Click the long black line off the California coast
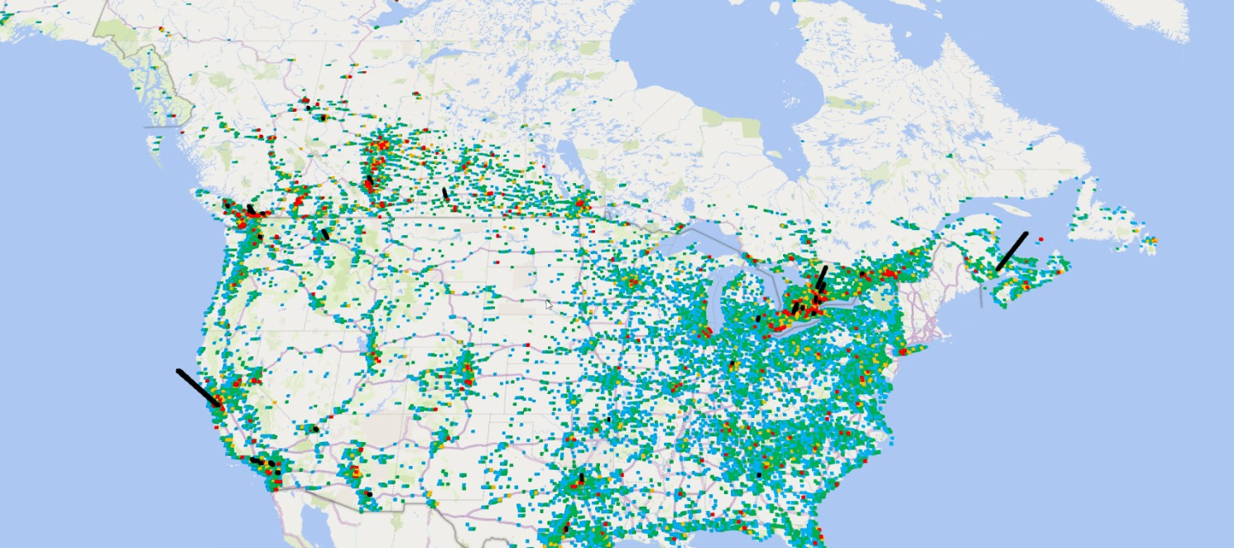(x=199, y=388)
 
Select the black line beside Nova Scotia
(x=1011, y=251)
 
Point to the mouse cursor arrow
(x=549, y=304)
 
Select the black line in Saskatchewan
(x=445, y=194)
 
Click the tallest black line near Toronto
(x=821, y=278)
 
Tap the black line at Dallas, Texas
(x=581, y=478)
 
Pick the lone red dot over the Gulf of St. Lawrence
(x=1040, y=238)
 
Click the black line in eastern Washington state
(x=325, y=234)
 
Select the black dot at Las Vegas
(x=315, y=429)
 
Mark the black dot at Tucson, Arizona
(x=369, y=494)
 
